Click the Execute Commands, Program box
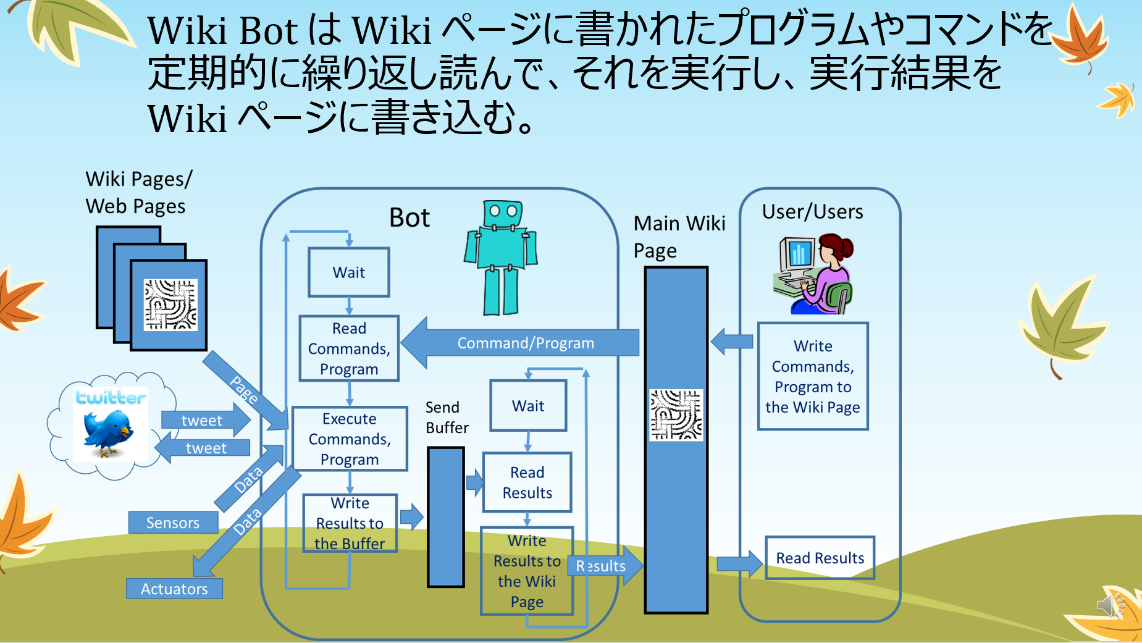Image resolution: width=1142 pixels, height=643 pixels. coord(350,439)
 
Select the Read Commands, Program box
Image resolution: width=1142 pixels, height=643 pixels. coord(349,348)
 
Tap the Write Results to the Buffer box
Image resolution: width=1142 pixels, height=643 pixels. coord(350,523)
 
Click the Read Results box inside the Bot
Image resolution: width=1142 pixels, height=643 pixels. coord(527,482)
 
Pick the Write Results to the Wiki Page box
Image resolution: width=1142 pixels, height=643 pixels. coord(527,571)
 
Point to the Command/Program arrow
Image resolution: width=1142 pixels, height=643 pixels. coord(525,343)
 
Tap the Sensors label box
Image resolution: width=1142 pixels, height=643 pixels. coord(173,523)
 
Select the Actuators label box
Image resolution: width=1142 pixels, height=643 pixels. coord(174,589)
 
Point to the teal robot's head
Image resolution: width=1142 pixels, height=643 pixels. coord(503,214)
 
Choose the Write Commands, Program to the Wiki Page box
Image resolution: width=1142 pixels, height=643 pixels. coord(813,376)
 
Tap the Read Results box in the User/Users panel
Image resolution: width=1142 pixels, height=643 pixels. coord(820,558)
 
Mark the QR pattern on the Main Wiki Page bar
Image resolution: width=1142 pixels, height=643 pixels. coord(676,414)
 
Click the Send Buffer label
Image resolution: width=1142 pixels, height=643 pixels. coord(447,418)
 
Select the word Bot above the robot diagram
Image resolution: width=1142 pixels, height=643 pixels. coord(409,218)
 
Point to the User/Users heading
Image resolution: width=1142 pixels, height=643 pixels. coord(812,212)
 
